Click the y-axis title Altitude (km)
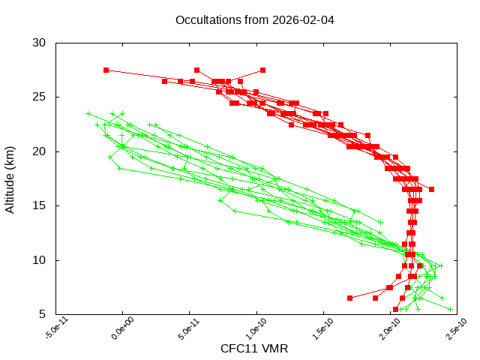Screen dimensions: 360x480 click(10, 178)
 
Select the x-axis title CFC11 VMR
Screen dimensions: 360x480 click(254, 349)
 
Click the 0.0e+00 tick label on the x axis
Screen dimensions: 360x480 click(120, 331)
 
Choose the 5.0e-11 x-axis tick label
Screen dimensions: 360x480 click(187, 331)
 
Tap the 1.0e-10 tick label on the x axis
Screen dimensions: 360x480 click(254, 331)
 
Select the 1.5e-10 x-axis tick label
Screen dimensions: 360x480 click(321, 331)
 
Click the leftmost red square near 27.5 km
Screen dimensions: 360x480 click(106, 70)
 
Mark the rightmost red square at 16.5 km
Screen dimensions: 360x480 click(431, 189)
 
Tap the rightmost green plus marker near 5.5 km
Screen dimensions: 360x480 click(451, 309)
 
